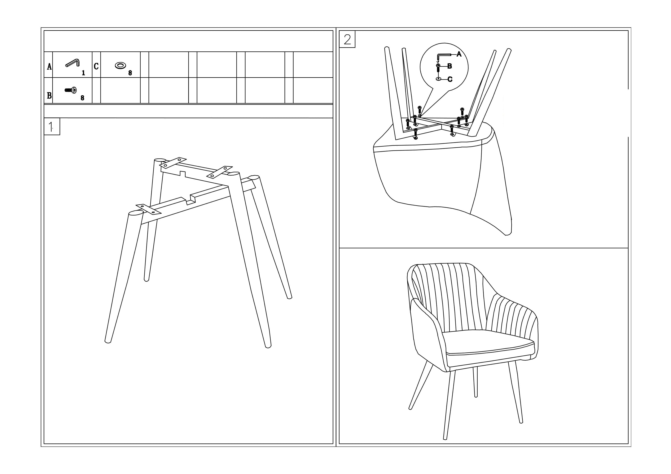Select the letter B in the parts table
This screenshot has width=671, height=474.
49,95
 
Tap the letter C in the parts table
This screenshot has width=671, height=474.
96,66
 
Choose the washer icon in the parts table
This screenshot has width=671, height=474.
120,65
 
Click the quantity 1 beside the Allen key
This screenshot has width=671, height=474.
83,73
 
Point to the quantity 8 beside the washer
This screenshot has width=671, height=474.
130,73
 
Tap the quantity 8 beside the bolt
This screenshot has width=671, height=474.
82,98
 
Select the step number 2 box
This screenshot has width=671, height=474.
347,39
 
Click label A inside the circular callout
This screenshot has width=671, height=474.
459,54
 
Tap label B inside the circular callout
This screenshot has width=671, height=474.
450,66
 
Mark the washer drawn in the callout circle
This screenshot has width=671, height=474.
438,79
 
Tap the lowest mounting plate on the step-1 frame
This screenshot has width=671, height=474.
148,209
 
